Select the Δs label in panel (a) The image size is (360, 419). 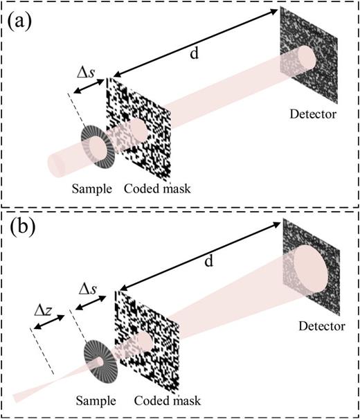tap(86, 74)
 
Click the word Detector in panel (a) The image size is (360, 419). tap(314, 113)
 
